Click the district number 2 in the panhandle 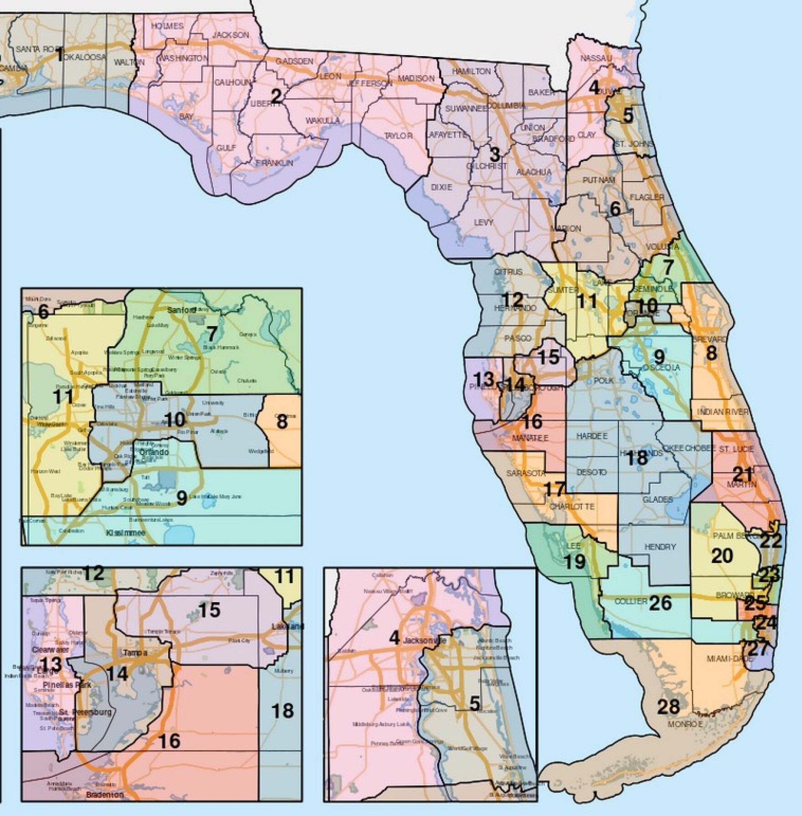277,96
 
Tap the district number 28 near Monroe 668,707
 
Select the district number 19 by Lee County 575,562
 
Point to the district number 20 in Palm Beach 722,555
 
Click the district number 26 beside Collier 660,603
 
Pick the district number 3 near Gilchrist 494,153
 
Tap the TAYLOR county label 398,136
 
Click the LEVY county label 483,222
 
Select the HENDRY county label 660,547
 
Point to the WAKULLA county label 322,121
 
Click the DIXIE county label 442,187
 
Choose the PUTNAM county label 599,180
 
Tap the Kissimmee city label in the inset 125,533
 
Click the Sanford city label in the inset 181,310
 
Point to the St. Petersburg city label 91,712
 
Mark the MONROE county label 685,724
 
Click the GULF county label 226,148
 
